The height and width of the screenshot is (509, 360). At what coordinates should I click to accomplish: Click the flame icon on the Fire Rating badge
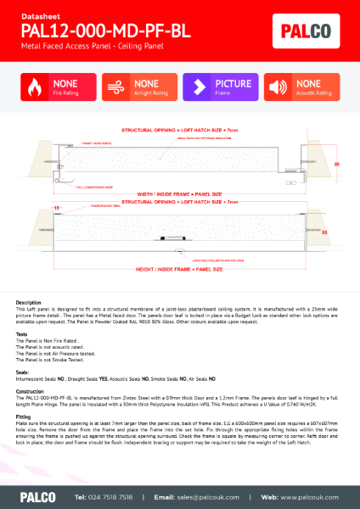[35, 87]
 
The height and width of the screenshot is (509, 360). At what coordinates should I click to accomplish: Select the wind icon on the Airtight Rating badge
[116, 87]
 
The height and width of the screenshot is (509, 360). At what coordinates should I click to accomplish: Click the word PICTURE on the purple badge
[233, 84]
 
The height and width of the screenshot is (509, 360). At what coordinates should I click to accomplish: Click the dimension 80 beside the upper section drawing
[336, 163]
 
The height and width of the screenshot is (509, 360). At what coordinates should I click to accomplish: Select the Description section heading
[29, 302]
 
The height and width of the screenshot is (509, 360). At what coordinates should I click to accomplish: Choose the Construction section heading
[31, 391]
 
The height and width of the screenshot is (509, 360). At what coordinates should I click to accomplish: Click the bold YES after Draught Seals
[104, 378]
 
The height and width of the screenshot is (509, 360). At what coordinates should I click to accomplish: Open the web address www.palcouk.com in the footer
[307, 495]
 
